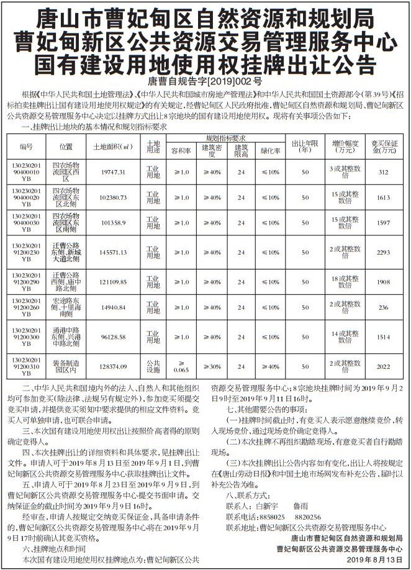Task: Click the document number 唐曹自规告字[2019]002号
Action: point(205,81)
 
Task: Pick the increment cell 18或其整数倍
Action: point(345,280)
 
